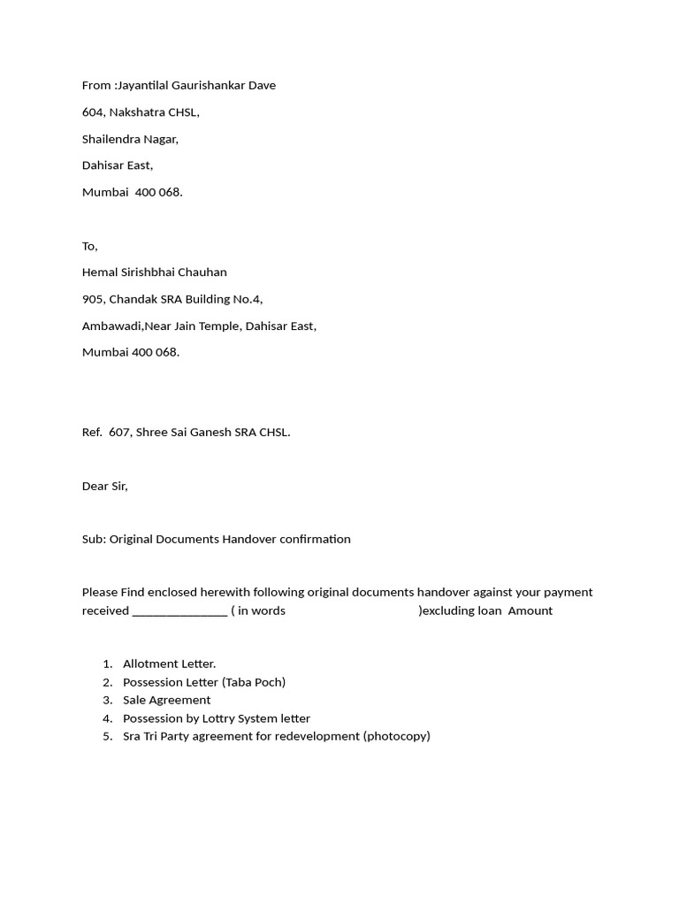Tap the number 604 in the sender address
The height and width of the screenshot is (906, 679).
point(92,112)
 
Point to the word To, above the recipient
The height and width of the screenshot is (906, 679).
point(89,246)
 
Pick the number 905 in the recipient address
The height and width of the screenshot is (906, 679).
point(92,299)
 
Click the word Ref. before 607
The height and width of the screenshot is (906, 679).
point(92,433)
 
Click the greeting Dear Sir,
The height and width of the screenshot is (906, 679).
point(104,486)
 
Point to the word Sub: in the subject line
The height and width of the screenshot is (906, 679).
point(93,539)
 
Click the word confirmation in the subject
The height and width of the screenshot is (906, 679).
point(316,539)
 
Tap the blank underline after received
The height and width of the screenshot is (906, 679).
point(179,611)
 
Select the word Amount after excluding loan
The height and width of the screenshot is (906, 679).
point(530,610)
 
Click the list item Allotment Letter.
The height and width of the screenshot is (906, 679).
point(169,664)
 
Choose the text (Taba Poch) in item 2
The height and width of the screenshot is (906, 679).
point(254,682)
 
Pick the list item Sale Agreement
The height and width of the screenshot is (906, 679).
point(166,700)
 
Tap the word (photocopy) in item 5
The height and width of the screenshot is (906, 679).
point(396,736)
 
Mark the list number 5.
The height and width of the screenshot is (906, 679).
point(107,736)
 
